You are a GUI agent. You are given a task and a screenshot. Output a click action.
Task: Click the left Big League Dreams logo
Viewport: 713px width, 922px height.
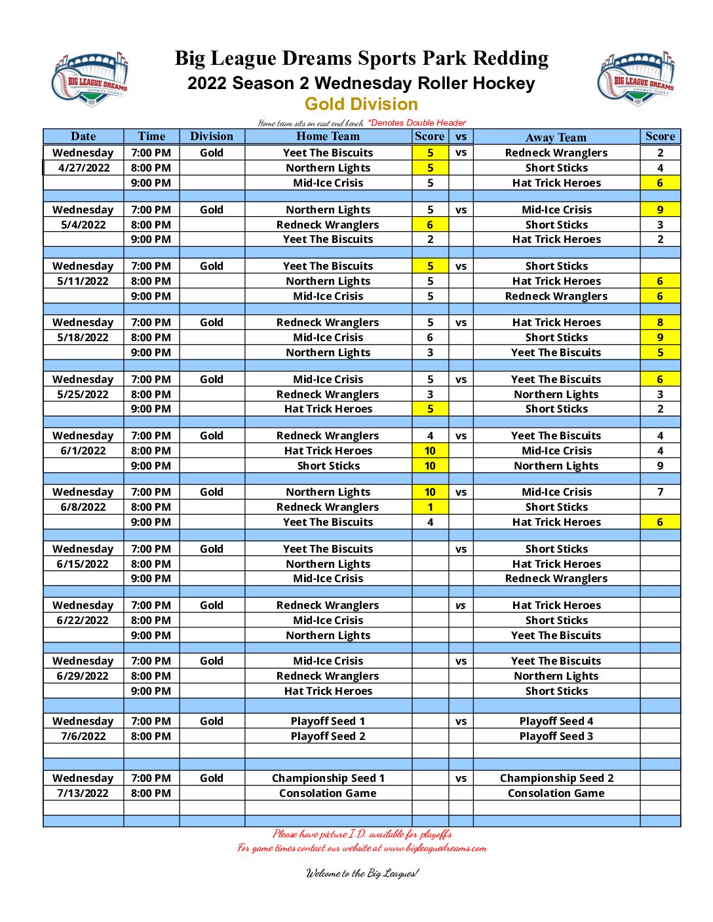tap(90, 79)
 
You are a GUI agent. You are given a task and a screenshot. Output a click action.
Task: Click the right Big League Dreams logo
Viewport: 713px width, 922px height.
tap(636, 78)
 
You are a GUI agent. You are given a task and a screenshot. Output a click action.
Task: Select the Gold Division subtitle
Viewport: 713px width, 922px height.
tap(361, 104)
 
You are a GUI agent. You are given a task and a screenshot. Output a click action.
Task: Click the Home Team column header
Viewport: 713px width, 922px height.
tap(328, 136)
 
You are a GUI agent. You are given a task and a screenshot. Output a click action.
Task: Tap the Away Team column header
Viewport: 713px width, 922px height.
tap(556, 137)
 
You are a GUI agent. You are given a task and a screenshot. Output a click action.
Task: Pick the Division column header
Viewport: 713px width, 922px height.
tap(211, 136)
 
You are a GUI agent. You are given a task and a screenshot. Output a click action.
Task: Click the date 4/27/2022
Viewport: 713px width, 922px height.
tap(84, 168)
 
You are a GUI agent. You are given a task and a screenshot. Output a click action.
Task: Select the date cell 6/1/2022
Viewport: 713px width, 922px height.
tap(83, 451)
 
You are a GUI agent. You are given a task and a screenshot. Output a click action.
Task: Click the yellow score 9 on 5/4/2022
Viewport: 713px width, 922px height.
tap(660, 210)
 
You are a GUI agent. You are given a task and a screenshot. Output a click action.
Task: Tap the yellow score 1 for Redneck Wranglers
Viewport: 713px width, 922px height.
tap(430, 507)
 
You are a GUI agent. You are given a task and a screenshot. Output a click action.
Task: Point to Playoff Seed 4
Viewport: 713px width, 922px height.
tap(556, 721)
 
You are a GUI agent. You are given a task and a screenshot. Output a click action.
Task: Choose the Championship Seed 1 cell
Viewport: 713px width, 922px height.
tap(328, 778)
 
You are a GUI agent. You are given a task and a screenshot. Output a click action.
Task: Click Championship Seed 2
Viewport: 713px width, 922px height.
tap(556, 778)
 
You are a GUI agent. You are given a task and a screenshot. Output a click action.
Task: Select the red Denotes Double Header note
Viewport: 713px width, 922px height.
tap(417, 122)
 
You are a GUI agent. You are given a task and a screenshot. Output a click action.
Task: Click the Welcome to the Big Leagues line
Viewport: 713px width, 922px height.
tap(362, 873)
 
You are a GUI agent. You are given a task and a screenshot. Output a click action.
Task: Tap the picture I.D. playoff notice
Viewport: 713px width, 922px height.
tap(362, 834)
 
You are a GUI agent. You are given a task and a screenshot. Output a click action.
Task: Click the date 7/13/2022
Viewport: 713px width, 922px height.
tap(83, 793)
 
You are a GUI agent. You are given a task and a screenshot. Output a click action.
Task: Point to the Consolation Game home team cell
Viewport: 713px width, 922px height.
tap(328, 793)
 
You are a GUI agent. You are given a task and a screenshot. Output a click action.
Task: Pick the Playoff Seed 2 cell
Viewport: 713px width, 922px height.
tap(328, 736)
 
